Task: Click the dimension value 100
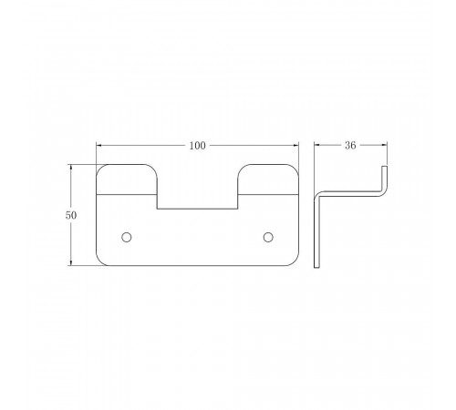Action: click(x=198, y=146)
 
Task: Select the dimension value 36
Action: click(x=350, y=146)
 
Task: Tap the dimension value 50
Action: click(x=71, y=215)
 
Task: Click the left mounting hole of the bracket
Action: click(x=127, y=237)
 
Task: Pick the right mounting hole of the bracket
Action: click(x=268, y=237)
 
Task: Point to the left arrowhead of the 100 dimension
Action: click(x=99, y=146)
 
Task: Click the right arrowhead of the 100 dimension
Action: click(x=295, y=146)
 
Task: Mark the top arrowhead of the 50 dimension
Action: click(x=71, y=168)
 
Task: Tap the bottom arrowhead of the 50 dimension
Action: click(x=71, y=262)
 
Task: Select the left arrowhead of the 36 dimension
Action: click(x=317, y=145)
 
